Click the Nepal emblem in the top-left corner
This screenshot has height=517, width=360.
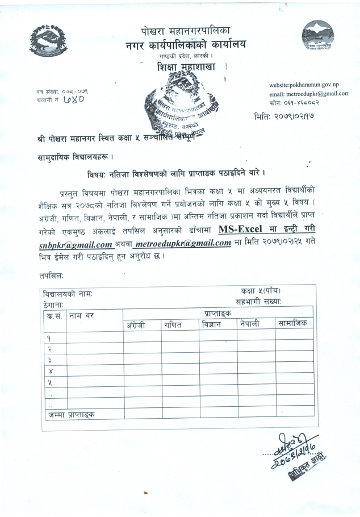click(x=52, y=40)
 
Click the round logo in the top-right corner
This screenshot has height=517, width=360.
click(x=317, y=36)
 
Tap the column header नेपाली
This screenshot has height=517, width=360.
click(x=249, y=324)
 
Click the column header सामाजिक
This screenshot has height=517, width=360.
click(x=293, y=324)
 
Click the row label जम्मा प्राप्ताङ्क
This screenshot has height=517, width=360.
click(x=72, y=414)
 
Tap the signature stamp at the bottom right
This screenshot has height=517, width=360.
click(x=291, y=448)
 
